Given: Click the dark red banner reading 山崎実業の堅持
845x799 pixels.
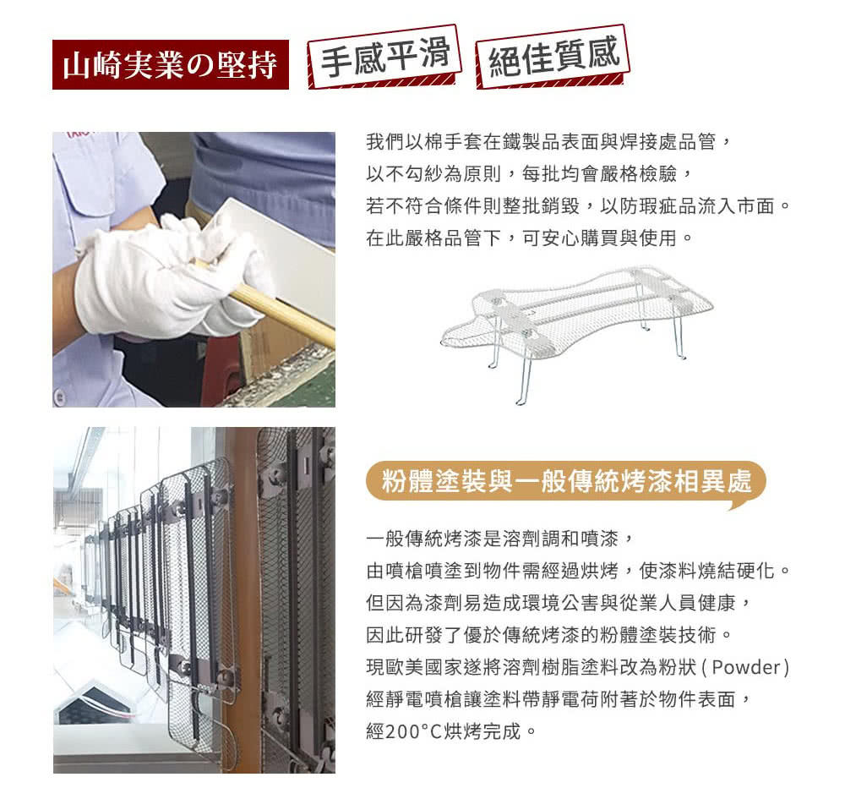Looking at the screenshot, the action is (x=170, y=64).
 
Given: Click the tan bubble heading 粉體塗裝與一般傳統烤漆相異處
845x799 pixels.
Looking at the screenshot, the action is (x=564, y=484).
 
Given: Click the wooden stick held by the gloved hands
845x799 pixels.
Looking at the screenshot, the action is (x=279, y=309).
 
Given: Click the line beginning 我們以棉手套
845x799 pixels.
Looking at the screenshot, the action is (x=545, y=141).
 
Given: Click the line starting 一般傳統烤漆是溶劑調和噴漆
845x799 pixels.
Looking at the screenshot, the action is (x=499, y=538).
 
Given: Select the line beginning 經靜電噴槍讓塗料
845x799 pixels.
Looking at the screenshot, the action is (x=558, y=699).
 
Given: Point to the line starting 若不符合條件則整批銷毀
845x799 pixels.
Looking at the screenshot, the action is (x=578, y=206).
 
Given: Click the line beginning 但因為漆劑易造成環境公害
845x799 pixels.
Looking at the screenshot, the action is (x=558, y=602).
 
